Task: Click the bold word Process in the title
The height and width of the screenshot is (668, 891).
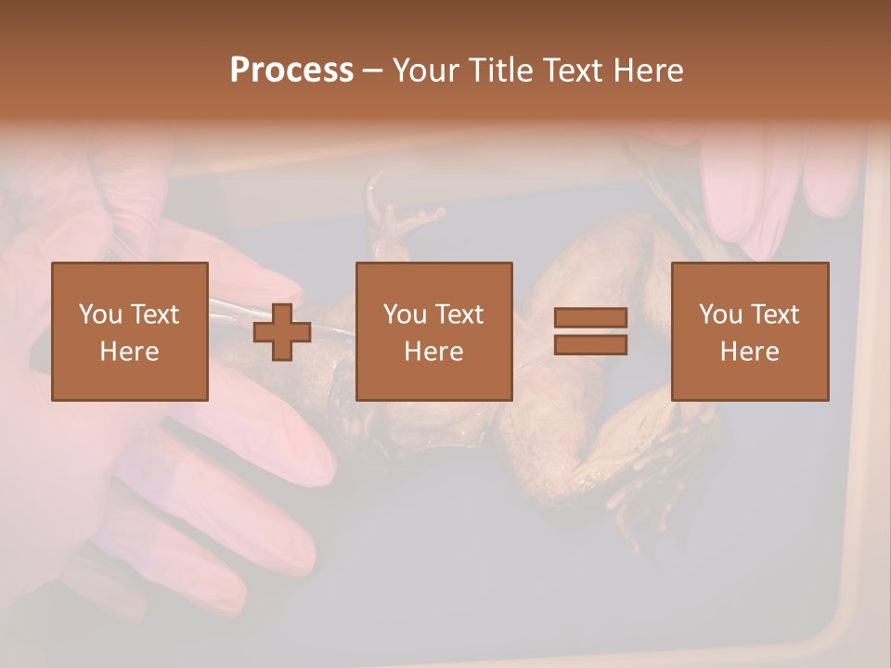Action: (291, 71)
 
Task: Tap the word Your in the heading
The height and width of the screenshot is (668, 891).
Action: (426, 71)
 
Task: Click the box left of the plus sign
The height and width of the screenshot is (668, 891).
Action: (129, 331)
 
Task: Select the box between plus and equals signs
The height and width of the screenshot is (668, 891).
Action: (433, 331)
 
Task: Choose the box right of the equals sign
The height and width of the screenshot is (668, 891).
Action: (749, 331)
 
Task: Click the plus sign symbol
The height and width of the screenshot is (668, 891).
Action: (282, 331)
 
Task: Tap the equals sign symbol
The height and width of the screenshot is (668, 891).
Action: (590, 331)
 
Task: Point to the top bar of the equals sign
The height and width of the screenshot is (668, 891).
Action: (590, 318)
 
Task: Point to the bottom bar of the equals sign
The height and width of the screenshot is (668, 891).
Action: (590, 344)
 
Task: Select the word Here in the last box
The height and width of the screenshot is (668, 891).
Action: (749, 351)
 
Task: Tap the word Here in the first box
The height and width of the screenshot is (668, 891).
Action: (129, 351)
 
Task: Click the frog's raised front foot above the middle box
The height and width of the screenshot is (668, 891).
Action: (399, 219)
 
